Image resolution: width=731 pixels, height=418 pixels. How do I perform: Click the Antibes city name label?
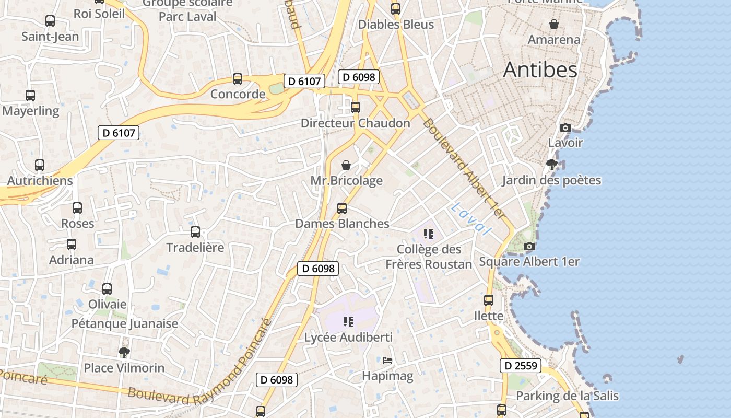pyautogui.click(x=540, y=70)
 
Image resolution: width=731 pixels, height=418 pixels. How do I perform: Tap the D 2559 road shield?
pyautogui.click(x=520, y=366)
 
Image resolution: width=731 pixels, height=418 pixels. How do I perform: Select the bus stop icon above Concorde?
pyautogui.click(x=238, y=79)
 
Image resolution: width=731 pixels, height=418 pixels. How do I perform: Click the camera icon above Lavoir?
pyautogui.click(x=565, y=127)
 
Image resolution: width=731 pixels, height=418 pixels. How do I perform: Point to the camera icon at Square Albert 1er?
pyautogui.click(x=529, y=247)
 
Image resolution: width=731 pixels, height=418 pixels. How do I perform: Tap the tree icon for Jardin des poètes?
pyautogui.click(x=551, y=165)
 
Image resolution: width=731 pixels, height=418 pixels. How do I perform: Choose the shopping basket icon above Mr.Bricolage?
pyautogui.click(x=346, y=166)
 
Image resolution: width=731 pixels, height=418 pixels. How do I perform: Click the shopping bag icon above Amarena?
pyautogui.click(x=553, y=24)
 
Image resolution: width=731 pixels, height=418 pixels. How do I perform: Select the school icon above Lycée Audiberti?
pyautogui.click(x=348, y=322)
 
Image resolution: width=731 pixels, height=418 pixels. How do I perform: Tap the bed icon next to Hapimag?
pyautogui.click(x=387, y=361)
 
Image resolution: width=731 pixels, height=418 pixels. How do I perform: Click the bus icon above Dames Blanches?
pyautogui.click(x=342, y=208)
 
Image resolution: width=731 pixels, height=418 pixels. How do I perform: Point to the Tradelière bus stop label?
pyautogui.click(x=195, y=247)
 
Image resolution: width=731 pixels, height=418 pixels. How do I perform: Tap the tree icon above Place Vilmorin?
pyautogui.click(x=124, y=352)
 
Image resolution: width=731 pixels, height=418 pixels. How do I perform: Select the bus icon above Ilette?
pyautogui.click(x=489, y=300)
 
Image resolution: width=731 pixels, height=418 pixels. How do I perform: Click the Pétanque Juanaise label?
pyautogui.click(x=125, y=323)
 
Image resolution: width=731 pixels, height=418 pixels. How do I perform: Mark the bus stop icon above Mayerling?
pyautogui.click(x=30, y=96)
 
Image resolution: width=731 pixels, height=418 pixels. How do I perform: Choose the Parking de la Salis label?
pyautogui.click(x=567, y=396)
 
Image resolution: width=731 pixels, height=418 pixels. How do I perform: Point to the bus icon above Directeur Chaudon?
pyautogui.click(x=356, y=108)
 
